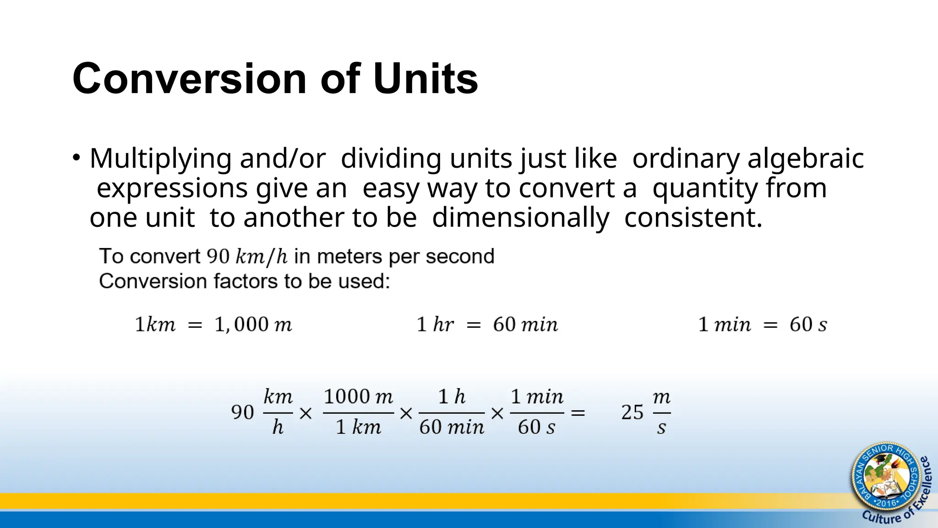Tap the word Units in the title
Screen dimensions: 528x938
click(x=425, y=79)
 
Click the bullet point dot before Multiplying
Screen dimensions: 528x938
click(x=76, y=158)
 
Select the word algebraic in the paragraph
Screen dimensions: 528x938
click(x=806, y=159)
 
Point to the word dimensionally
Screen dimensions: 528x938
click(x=521, y=218)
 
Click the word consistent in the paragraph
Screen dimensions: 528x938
click(x=693, y=218)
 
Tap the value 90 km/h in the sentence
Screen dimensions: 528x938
click(x=247, y=257)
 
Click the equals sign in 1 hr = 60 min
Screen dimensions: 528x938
click(x=474, y=325)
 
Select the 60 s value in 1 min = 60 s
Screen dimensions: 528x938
click(x=808, y=324)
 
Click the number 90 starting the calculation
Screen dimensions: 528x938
click(x=243, y=412)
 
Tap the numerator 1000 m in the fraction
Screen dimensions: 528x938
click(x=358, y=396)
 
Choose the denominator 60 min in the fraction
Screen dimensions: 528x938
click(x=452, y=427)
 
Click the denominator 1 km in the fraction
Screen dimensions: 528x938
click(x=358, y=427)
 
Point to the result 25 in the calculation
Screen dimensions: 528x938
click(x=633, y=412)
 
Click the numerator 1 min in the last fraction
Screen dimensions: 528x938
click(x=537, y=396)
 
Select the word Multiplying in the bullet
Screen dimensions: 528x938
click(x=161, y=159)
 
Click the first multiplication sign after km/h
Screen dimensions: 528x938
click(x=305, y=414)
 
